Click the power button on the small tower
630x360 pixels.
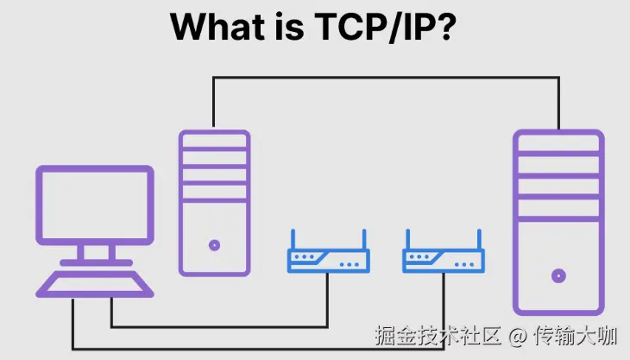(214, 245)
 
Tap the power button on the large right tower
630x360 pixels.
(558, 276)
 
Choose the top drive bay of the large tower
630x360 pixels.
(558, 144)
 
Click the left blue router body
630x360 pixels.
(328, 259)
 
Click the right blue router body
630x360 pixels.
(444, 259)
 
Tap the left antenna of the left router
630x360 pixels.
(292, 240)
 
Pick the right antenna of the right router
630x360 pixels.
(480, 240)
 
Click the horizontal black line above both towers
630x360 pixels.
(386, 78)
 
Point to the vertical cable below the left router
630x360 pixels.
(328, 298)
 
